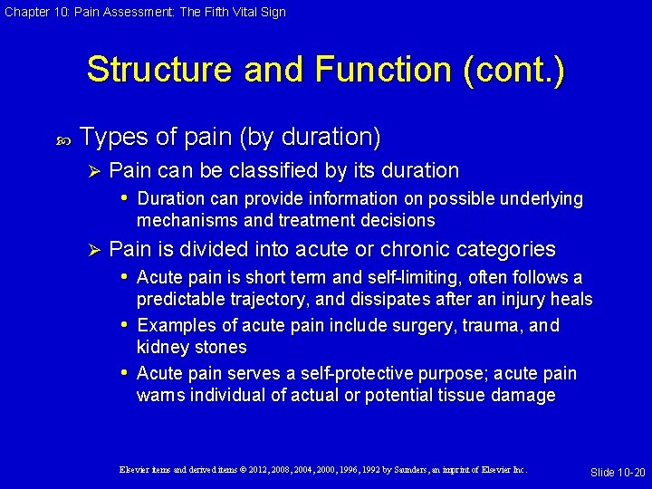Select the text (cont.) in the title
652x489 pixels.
point(513,71)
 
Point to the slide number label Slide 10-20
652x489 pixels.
point(618,472)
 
